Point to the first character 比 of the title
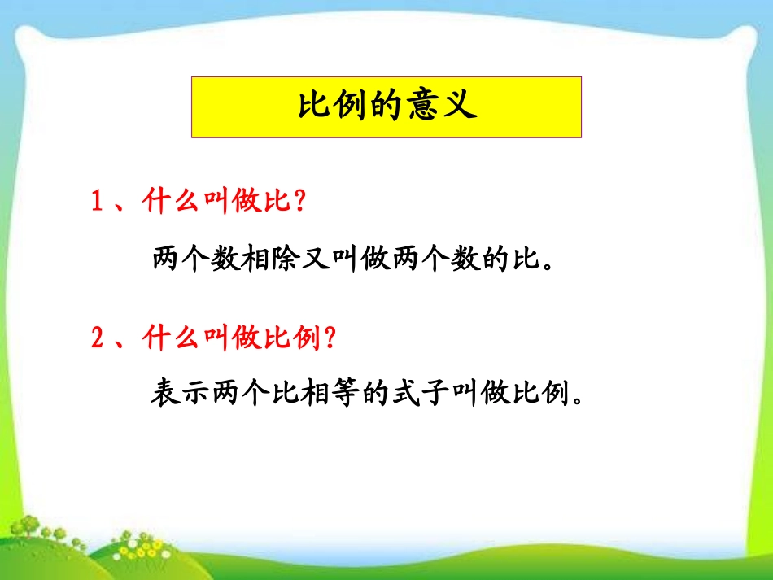click(x=313, y=107)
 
